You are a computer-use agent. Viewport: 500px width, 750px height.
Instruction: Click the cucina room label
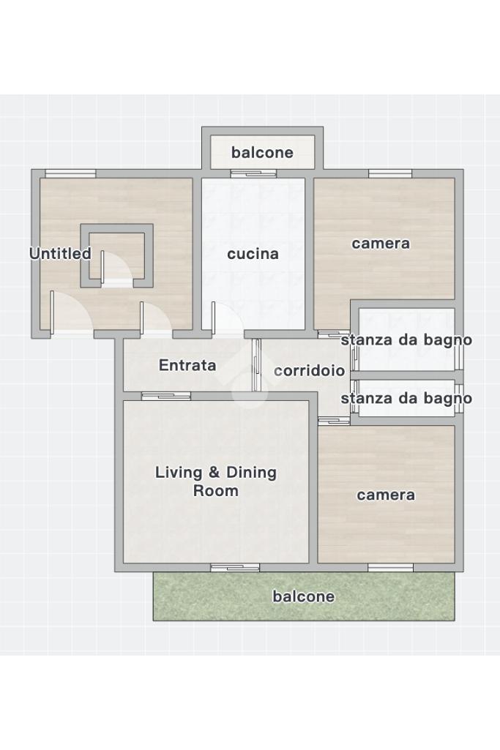pyautogui.click(x=253, y=253)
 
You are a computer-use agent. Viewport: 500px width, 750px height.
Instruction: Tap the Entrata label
pyautogui.click(x=187, y=365)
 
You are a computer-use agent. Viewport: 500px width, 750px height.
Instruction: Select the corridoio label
pyautogui.click(x=309, y=371)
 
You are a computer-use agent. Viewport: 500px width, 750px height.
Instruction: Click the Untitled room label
pyautogui.click(x=60, y=253)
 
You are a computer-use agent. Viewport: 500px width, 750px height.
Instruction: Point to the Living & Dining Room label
pyautogui.click(x=216, y=481)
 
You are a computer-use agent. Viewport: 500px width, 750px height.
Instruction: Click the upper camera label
pyautogui.click(x=381, y=244)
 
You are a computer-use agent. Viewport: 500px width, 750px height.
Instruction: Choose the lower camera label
pyautogui.click(x=386, y=495)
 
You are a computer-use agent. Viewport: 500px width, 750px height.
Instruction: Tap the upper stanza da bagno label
pyautogui.click(x=406, y=340)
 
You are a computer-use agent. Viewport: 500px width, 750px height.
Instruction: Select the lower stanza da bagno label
pyautogui.click(x=406, y=399)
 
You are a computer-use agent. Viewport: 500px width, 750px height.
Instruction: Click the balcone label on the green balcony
pyautogui.click(x=304, y=596)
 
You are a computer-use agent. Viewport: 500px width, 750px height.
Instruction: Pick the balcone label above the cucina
pyautogui.click(x=262, y=153)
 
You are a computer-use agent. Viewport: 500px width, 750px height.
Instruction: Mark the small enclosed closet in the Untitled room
pyautogui.click(x=116, y=256)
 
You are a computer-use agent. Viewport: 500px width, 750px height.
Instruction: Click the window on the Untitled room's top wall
pyautogui.click(x=70, y=173)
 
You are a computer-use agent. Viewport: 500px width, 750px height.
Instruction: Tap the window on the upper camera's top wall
pyautogui.click(x=390, y=173)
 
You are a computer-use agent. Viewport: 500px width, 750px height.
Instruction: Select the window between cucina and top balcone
pyautogui.click(x=253, y=173)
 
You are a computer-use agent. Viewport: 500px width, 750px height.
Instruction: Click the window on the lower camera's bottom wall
pyautogui.click(x=390, y=568)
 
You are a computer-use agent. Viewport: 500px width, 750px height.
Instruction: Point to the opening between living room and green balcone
pyautogui.click(x=235, y=568)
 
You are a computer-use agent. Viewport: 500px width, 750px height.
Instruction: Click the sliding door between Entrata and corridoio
pyautogui.click(x=257, y=365)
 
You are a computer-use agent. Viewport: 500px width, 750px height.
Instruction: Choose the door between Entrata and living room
pyautogui.click(x=166, y=396)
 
